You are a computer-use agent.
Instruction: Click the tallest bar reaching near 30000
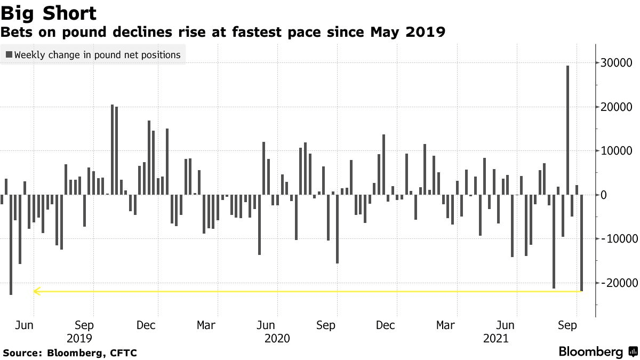567,130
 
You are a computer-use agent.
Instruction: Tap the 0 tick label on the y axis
604,195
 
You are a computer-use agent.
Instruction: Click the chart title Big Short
49,13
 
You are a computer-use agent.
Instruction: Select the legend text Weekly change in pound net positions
98,54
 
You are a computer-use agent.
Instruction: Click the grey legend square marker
9,54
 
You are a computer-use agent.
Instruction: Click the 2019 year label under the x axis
79,338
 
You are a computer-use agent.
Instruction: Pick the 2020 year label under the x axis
277,338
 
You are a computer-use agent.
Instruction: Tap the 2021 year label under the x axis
495,338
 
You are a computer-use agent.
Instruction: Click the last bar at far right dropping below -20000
581,243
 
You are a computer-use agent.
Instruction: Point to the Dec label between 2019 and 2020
145,325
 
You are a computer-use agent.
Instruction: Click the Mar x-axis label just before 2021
445,325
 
